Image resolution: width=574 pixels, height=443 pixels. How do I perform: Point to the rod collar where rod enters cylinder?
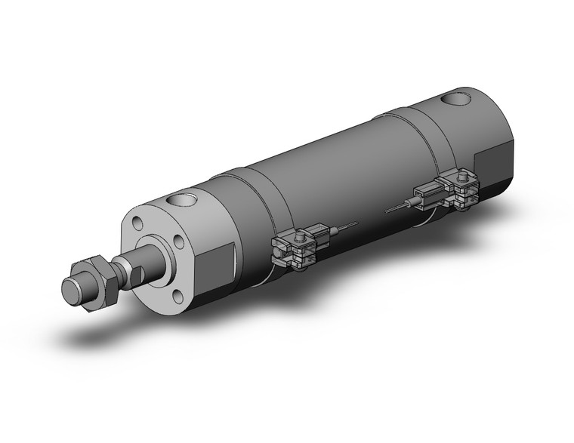tap(156, 259)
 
